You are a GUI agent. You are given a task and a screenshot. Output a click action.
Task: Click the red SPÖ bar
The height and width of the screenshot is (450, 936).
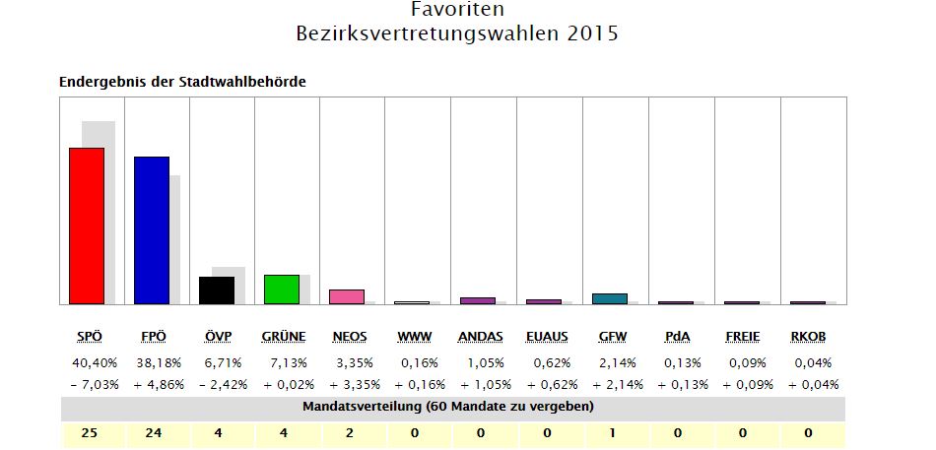[x=87, y=225]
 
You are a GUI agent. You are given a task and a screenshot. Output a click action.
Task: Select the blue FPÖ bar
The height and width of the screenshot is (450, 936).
[x=152, y=230]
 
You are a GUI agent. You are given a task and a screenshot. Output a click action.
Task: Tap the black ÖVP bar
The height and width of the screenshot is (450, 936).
[x=217, y=290]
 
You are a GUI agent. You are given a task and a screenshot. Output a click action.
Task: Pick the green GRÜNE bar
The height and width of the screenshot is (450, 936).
[x=282, y=289]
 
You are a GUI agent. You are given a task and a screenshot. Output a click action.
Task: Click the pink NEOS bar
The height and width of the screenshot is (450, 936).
[x=347, y=296]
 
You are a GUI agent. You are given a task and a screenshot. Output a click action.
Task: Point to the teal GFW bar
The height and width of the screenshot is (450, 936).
[x=610, y=298]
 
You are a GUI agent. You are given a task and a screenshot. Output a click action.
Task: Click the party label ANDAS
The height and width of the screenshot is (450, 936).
[x=481, y=337]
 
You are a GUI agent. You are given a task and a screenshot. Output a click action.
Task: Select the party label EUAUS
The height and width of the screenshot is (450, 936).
[x=547, y=337]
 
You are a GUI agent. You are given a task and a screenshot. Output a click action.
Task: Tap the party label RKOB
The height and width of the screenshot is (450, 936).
[x=808, y=337]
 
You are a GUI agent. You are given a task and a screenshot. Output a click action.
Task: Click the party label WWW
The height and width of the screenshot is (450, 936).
[x=415, y=337]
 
